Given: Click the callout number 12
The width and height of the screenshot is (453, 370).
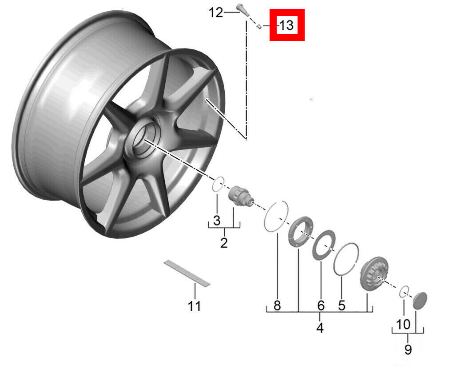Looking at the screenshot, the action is click(x=216, y=13).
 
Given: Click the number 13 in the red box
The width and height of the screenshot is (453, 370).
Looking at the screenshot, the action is click(x=286, y=25).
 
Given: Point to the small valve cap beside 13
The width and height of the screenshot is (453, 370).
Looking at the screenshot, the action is click(x=259, y=27).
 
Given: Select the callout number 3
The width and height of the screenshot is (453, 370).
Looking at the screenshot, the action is click(x=217, y=221).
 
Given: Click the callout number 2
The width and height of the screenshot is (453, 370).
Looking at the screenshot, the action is click(x=224, y=243).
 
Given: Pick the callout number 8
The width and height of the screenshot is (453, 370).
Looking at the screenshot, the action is click(x=277, y=305).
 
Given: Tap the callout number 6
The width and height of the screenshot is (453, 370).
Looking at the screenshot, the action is click(x=321, y=306).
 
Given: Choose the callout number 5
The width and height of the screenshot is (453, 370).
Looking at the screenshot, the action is click(x=342, y=305).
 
